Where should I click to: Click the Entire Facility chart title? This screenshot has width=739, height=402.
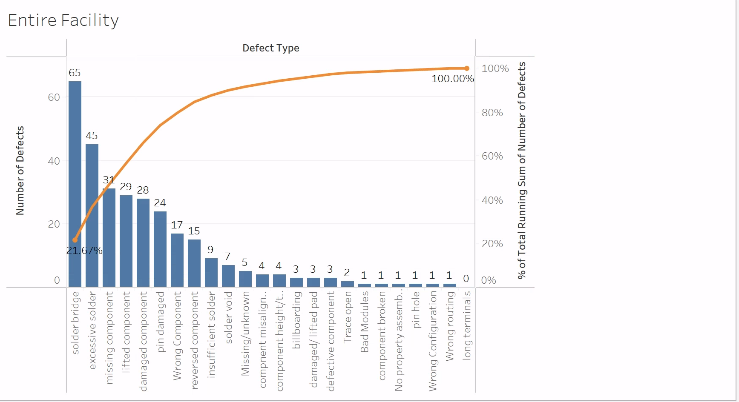tap(63, 20)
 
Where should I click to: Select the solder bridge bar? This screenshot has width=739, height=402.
tap(75, 183)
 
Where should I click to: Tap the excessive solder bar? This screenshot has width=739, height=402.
tap(92, 215)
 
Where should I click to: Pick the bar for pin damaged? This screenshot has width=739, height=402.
tap(160, 249)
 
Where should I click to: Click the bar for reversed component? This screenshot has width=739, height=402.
tap(194, 263)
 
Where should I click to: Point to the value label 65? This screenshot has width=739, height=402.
tap(75, 73)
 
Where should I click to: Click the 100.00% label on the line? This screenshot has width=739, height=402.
tap(452, 79)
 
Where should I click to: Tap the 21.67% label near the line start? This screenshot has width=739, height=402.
tap(84, 251)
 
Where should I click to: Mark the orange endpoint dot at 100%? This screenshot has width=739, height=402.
tap(467, 68)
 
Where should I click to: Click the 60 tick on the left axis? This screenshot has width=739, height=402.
tap(54, 97)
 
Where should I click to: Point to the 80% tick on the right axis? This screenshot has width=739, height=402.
tap(492, 113)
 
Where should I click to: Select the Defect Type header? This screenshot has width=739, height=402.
tap(271, 48)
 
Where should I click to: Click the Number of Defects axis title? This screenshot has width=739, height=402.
tap(20, 170)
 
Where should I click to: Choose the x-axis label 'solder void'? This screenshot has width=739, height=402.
tap(229, 317)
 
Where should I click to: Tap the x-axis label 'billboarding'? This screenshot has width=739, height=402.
tap(296, 320)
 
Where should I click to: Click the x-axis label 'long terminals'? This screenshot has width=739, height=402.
tap(467, 325)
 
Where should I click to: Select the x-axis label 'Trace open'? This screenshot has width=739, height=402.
tap(348, 317)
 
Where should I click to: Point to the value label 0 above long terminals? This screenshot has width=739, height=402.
tap(466, 279)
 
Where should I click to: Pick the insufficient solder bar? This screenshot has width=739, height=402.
tap(211, 272)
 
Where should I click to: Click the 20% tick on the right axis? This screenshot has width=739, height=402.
tap(492, 244)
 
